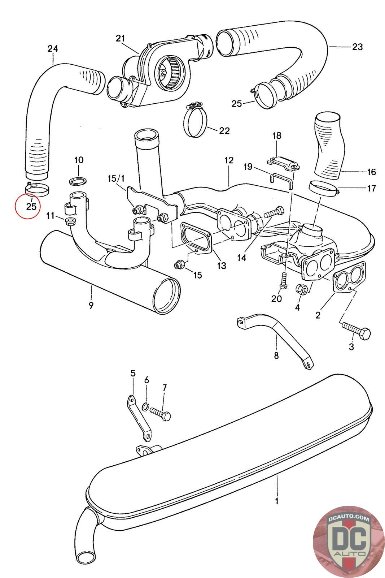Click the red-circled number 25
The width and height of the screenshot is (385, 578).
pos(31,206)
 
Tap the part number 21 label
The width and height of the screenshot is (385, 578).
pos(120,38)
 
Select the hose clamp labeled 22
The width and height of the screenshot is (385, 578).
pos(196,122)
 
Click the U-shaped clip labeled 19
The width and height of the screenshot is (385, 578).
pos(281,180)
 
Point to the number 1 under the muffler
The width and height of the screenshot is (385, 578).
pos(277,501)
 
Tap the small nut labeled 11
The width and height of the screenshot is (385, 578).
pos(69,220)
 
